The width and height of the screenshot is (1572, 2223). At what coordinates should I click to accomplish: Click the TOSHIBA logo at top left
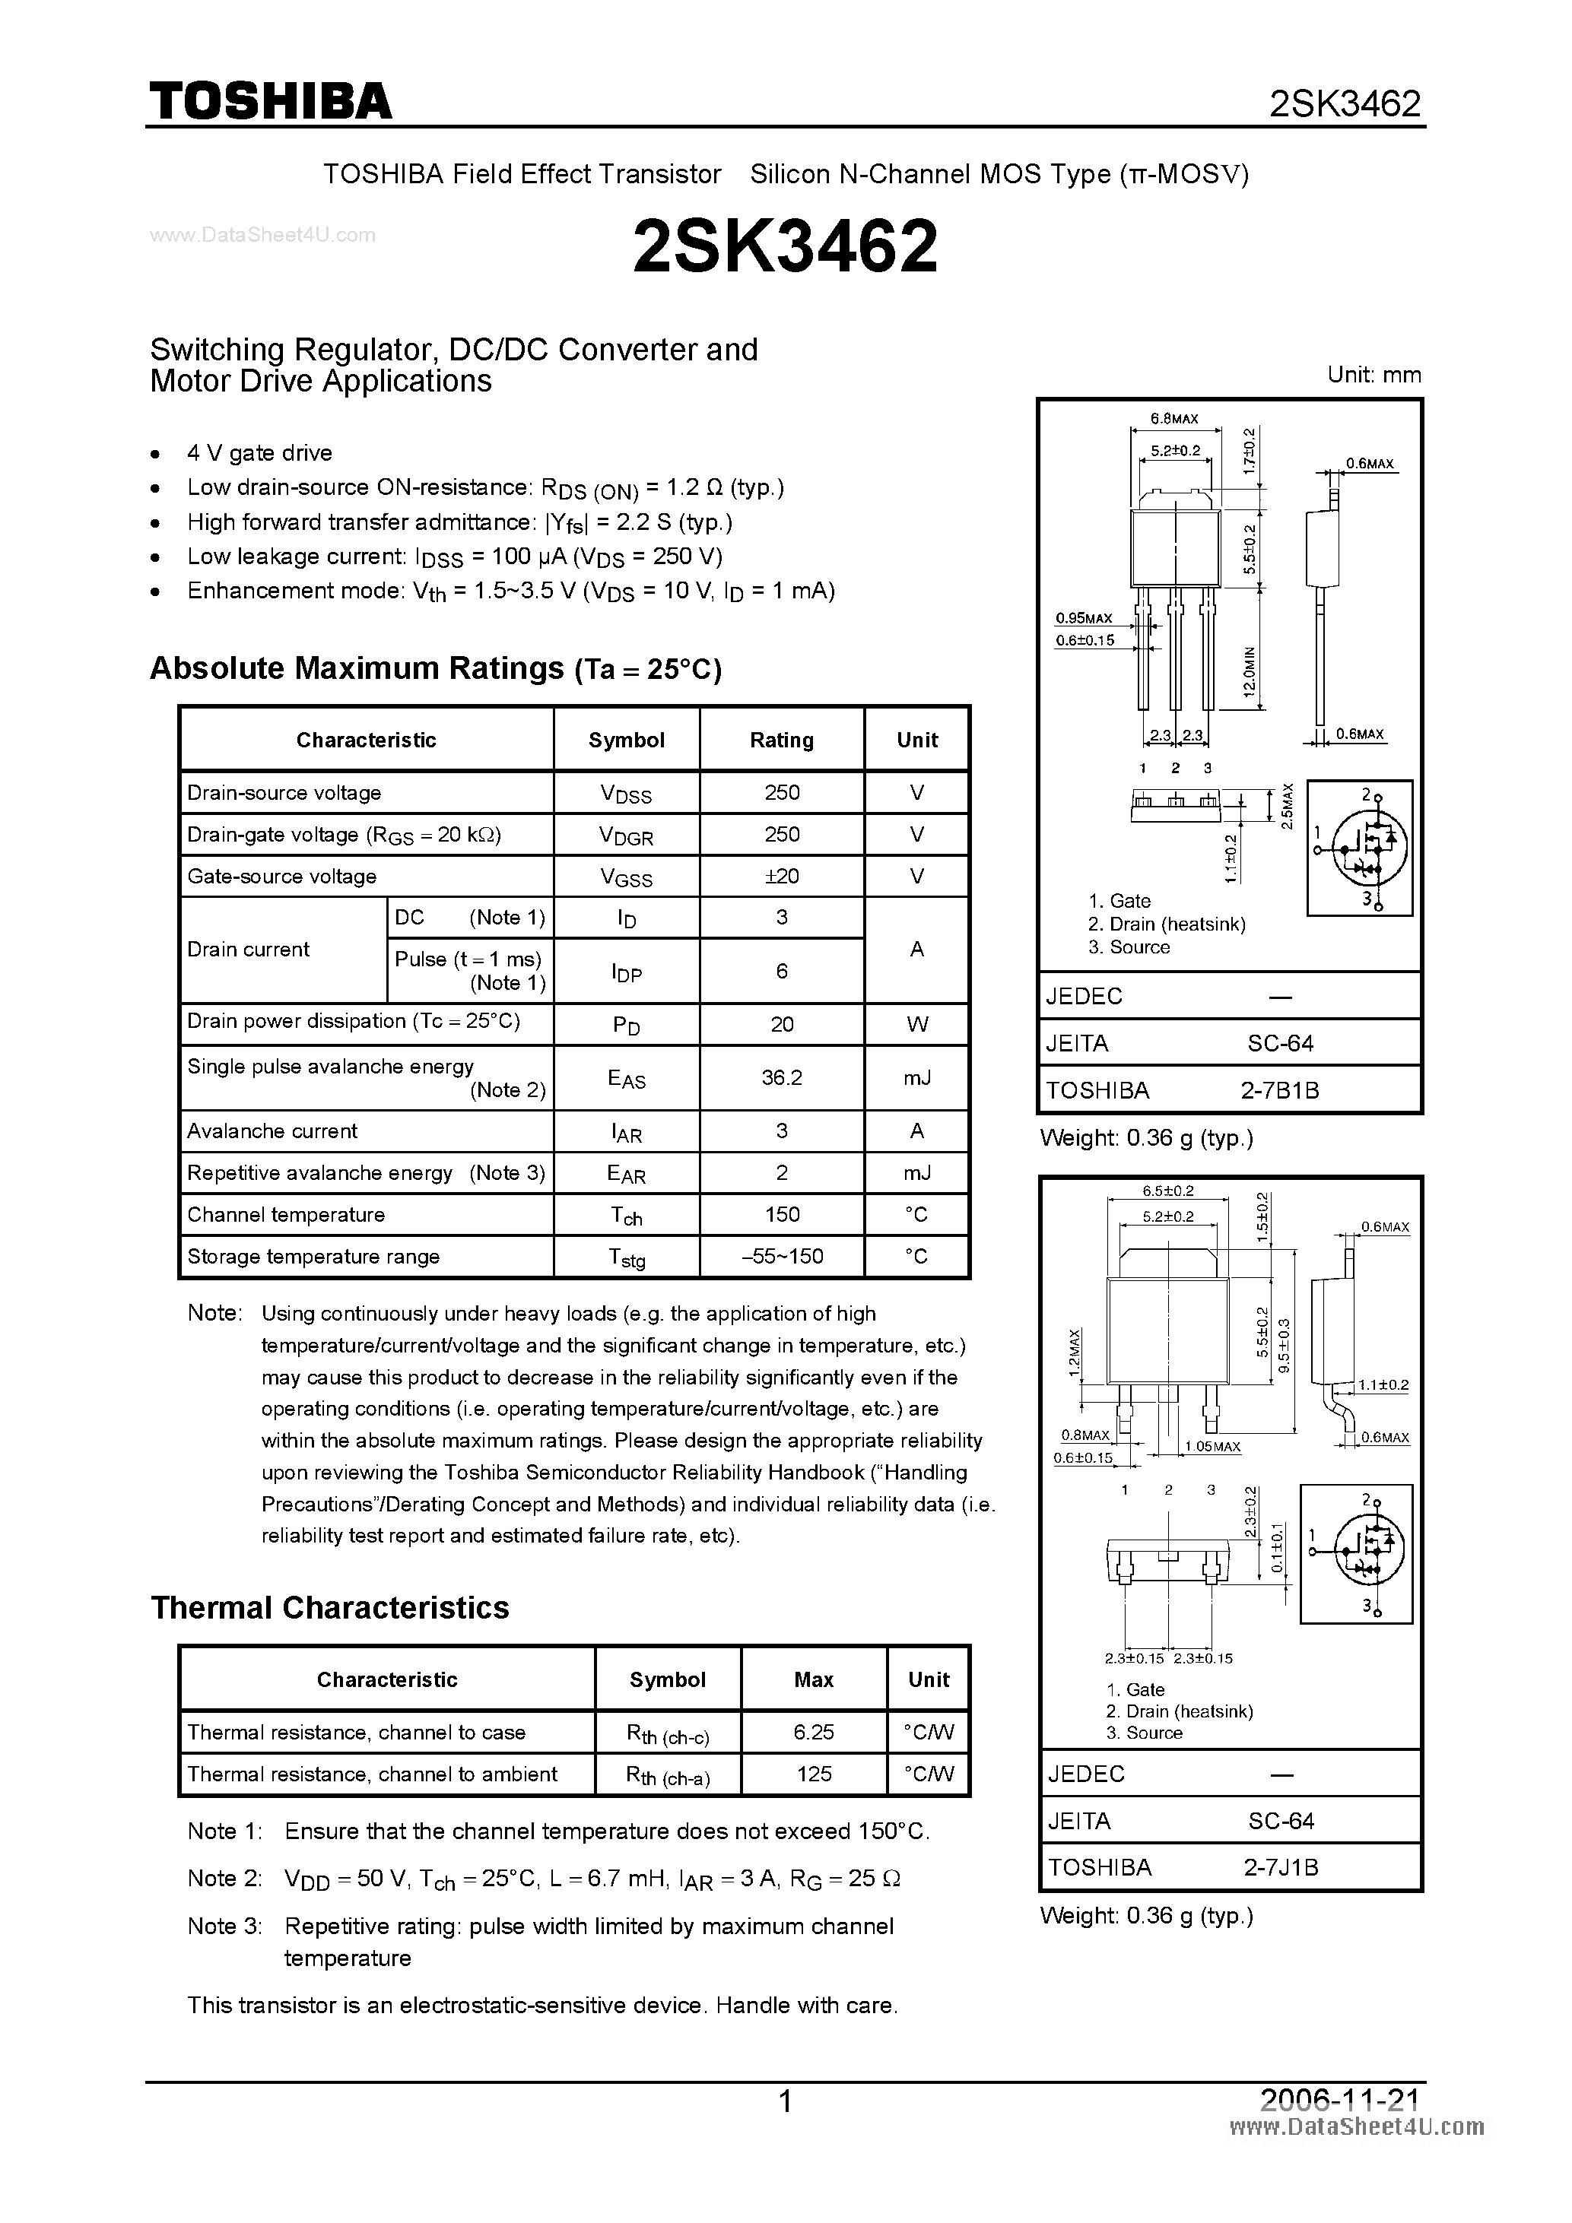(270, 102)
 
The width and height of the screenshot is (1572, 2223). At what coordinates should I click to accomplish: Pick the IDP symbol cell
(627, 972)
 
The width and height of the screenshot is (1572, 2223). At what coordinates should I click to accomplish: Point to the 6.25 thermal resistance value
(813, 1732)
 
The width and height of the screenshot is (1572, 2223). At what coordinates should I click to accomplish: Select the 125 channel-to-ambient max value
(813, 1774)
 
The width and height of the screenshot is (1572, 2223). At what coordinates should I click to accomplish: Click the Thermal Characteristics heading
(329, 1608)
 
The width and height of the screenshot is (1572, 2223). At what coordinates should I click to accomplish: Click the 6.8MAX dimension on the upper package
(1174, 419)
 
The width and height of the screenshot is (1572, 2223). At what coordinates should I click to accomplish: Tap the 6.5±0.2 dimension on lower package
(1168, 1191)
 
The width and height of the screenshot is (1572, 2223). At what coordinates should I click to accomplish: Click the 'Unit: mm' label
(1374, 375)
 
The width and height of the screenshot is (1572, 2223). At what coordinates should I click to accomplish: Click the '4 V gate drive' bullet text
(259, 453)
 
